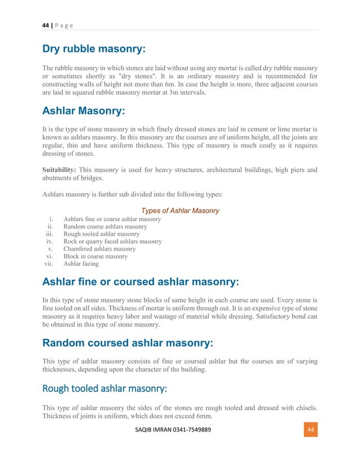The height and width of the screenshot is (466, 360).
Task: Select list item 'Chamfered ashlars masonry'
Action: [100, 249]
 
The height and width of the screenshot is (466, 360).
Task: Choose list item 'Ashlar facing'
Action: [81, 263]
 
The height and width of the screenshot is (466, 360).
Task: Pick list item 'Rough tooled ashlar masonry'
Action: [102, 234]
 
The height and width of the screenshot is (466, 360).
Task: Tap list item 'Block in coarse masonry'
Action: [95, 256]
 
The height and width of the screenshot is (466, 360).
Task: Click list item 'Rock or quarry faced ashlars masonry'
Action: [113, 241]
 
